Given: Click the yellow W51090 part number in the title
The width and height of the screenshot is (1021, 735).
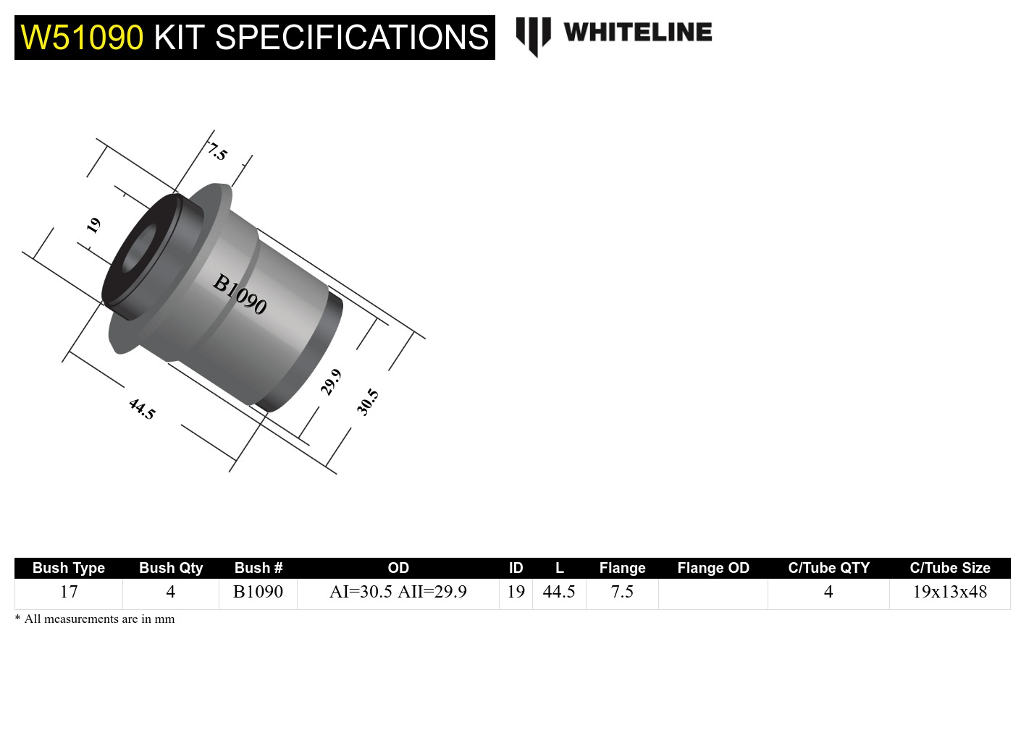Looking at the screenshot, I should pyautogui.click(x=82, y=38).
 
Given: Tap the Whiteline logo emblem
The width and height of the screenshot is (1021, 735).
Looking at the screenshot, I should pyautogui.click(x=533, y=35).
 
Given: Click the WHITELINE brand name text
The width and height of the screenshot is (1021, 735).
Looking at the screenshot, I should pyautogui.click(x=637, y=33).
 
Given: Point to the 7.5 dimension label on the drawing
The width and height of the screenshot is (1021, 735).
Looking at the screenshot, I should pyautogui.click(x=217, y=152).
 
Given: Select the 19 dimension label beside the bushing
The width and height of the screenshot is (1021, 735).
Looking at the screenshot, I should pyautogui.click(x=93, y=226).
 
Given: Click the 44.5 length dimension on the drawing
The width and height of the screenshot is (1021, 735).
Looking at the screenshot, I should pyautogui.click(x=142, y=409).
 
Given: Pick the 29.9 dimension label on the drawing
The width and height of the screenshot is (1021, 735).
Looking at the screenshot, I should pyautogui.click(x=331, y=382).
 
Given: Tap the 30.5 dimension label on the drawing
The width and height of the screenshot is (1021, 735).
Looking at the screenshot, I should pyautogui.click(x=367, y=402).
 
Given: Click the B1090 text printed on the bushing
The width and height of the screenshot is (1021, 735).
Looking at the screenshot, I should pyautogui.click(x=240, y=294).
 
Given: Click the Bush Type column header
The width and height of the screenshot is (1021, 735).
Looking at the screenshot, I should pyautogui.click(x=69, y=568).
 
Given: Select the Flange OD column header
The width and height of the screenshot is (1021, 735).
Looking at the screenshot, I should pyautogui.click(x=713, y=568).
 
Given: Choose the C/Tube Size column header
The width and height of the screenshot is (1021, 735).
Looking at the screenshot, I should pyautogui.click(x=949, y=568).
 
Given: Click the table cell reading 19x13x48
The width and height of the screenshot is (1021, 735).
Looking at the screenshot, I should pyautogui.click(x=949, y=592).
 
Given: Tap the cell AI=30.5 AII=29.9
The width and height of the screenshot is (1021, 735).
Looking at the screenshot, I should pyautogui.click(x=398, y=592).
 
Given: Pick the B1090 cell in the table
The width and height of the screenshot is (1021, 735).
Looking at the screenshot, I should pyautogui.click(x=258, y=592).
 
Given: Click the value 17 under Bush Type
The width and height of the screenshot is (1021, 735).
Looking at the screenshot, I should pyautogui.click(x=69, y=592).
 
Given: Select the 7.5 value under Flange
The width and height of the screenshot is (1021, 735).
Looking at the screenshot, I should pyautogui.click(x=622, y=592).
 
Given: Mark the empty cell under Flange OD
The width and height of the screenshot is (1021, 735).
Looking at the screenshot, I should pyautogui.click(x=713, y=593).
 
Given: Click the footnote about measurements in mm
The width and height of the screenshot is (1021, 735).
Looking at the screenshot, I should pyautogui.click(x=95, y=619).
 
